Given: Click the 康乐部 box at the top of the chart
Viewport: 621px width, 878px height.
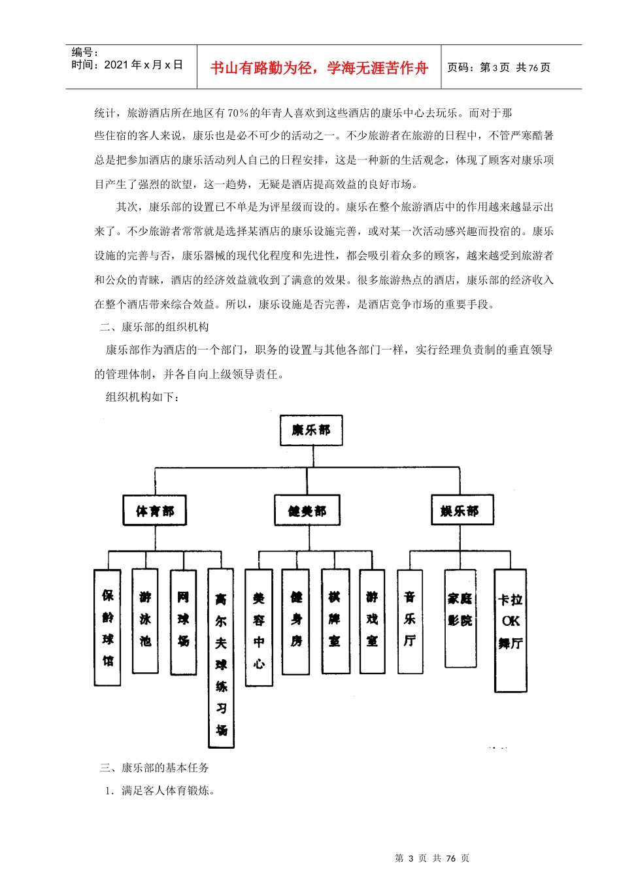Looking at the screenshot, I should tap(311, 431).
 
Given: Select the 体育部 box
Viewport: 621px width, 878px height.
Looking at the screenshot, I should tap(155, 510).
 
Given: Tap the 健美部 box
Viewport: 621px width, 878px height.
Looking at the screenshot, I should tap(307, 510).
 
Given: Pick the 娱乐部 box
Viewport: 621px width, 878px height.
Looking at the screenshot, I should tap(462, 510).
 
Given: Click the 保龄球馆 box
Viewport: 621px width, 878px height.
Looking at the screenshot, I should tap(107, 627).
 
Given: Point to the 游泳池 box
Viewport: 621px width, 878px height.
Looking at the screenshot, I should tap(145, 620).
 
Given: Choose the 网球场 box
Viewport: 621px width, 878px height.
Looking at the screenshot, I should tap(183, 621).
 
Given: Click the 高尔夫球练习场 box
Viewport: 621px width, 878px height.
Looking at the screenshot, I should tap(221, 657).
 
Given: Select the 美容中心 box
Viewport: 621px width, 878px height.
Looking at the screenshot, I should tap(259, 627).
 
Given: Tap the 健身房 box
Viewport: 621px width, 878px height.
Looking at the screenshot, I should tap(295, 621).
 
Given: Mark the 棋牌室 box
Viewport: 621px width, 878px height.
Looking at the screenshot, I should tap(335, 621).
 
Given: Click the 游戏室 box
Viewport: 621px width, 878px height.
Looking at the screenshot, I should tap(372, 621).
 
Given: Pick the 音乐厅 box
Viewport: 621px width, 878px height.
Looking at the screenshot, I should tap(410, 621).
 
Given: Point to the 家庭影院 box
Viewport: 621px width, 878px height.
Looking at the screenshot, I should tap(460, 617).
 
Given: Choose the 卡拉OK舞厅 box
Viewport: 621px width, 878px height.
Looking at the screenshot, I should tap(511, 630).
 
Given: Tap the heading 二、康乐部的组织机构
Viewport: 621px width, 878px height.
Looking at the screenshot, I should tap(154, 327).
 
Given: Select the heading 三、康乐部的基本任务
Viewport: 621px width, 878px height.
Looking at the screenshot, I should tap(154, 768).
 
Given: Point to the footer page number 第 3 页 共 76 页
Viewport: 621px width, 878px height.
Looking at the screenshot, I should tap(432, 858).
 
